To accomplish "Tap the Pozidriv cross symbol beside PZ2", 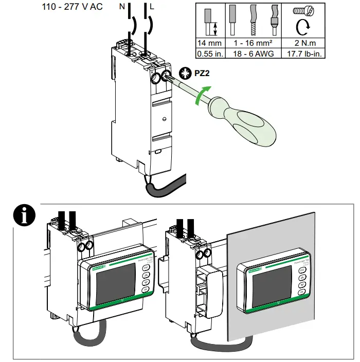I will tap(184, 73).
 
